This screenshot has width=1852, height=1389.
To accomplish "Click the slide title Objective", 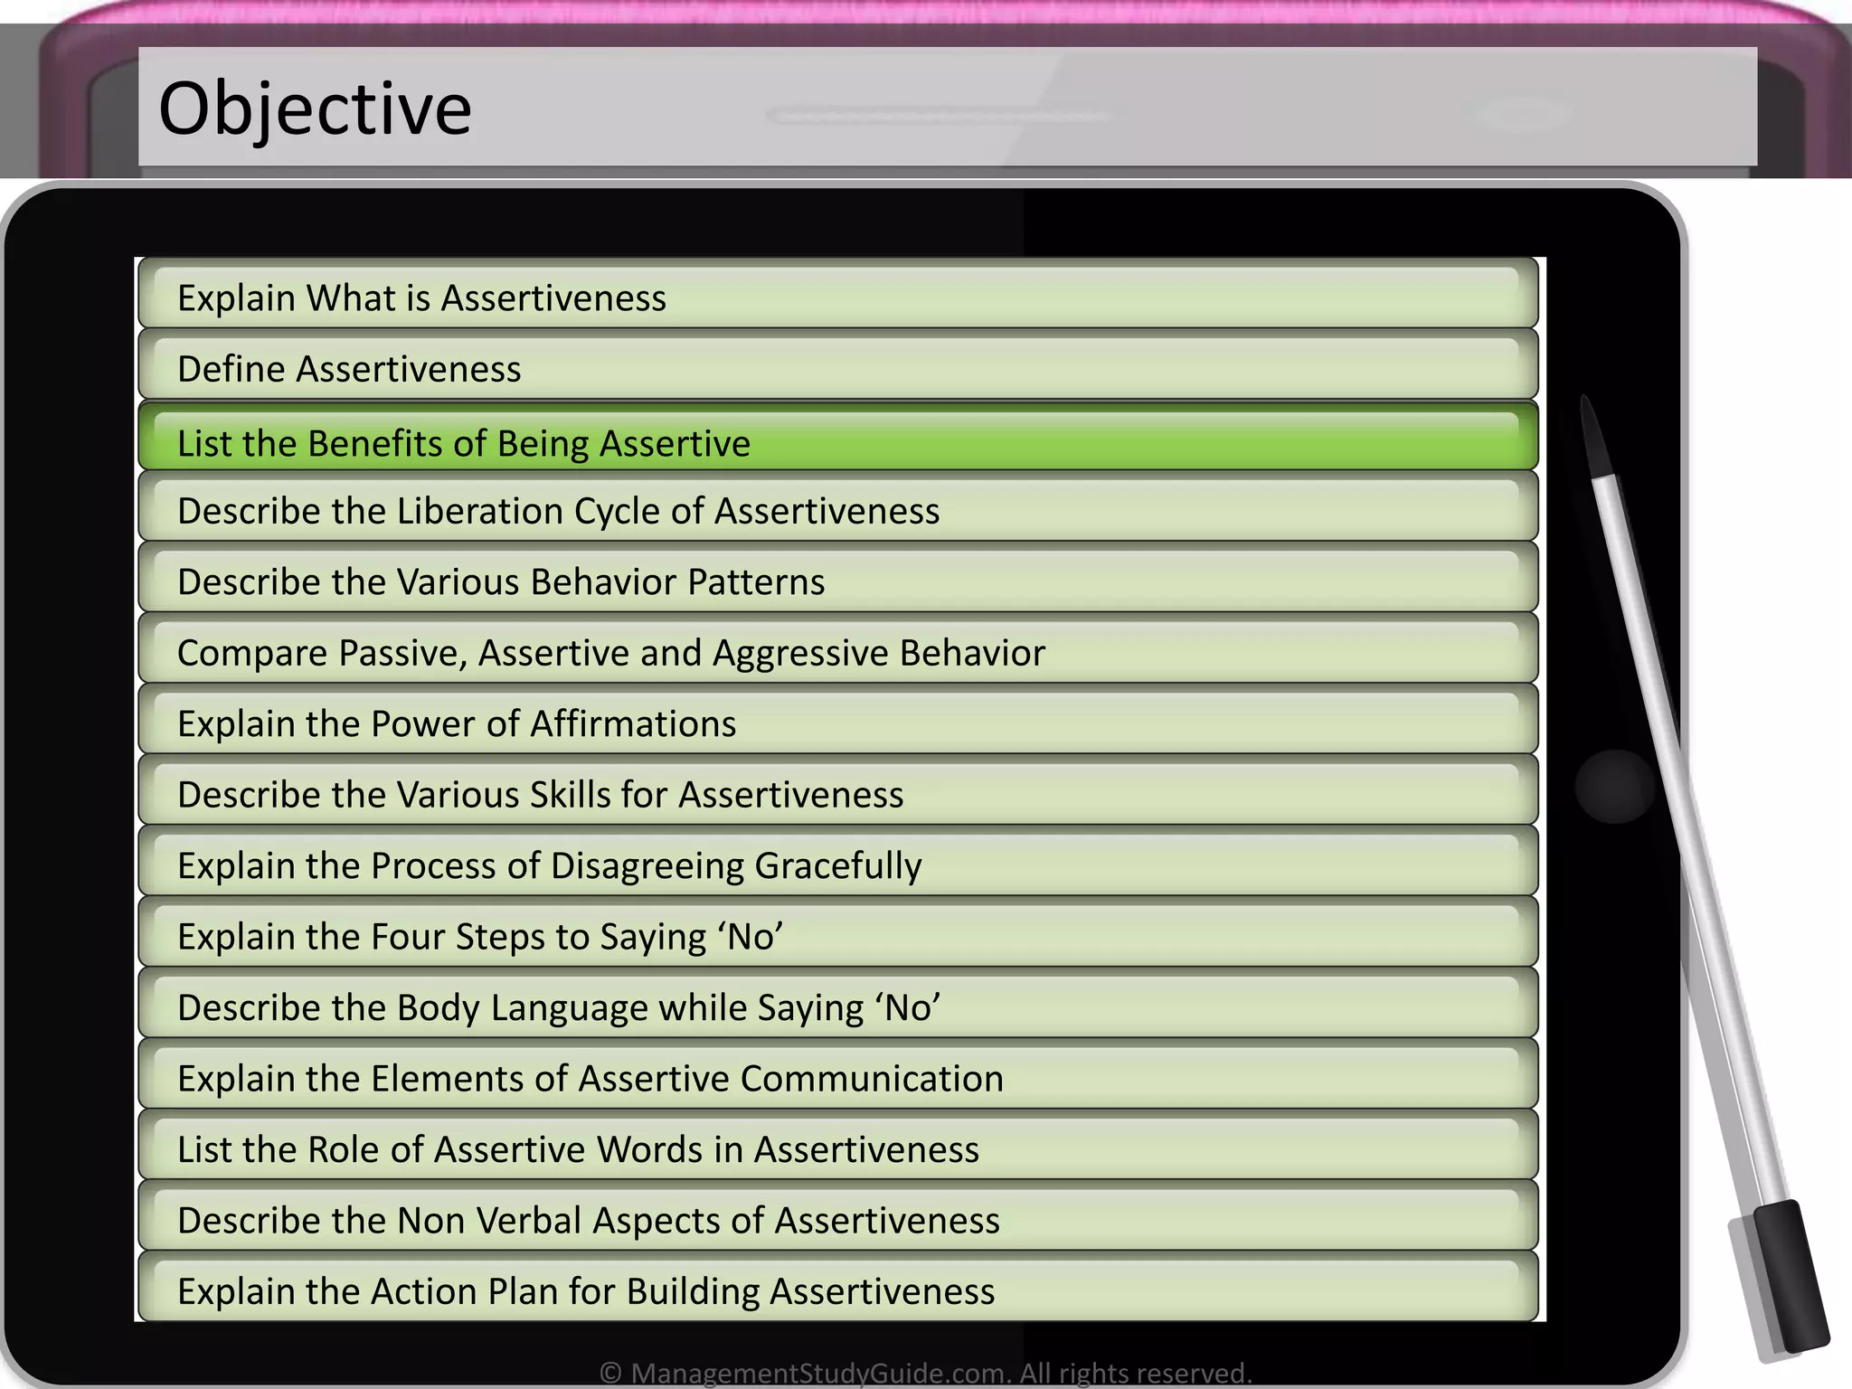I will (x=315, y=109).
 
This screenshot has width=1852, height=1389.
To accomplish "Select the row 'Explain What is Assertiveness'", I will (x=421, y=298).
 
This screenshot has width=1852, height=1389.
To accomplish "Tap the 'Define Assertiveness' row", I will (x=349, y=369).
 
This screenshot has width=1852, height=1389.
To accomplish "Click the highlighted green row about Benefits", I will (x=463, y=443).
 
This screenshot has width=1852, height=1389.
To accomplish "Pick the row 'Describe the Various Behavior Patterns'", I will (x=501, y=581).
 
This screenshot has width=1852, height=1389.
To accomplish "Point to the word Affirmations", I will (x=633, y=723).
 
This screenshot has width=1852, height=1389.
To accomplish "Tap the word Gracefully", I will (x=837, y=865).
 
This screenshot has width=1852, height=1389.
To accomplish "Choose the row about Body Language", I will (x=559, y=1007).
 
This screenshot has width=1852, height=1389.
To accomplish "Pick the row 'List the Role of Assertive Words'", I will (x=578, y=1149).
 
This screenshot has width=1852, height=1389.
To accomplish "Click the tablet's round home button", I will (x=1614, y=786).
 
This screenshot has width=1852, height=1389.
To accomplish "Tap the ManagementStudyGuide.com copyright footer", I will (x=925, y=1373).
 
